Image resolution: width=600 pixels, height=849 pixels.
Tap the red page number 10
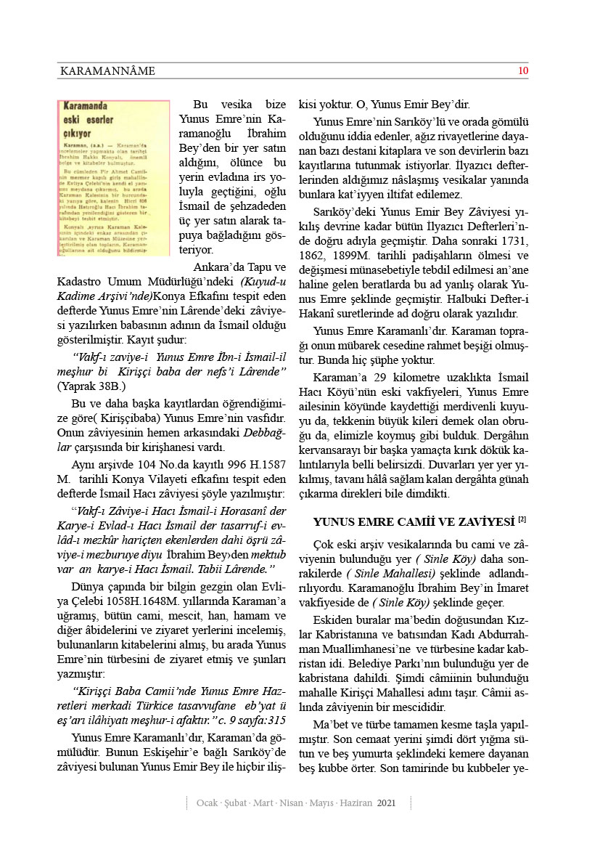(522, 70)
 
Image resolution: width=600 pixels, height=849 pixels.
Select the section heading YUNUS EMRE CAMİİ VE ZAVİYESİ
(414, 521)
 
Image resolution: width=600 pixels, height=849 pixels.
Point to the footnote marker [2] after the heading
(522, 520)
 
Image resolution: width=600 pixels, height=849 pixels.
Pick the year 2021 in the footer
(386, 803)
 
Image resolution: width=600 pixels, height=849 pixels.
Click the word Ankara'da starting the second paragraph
(218, 264)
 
